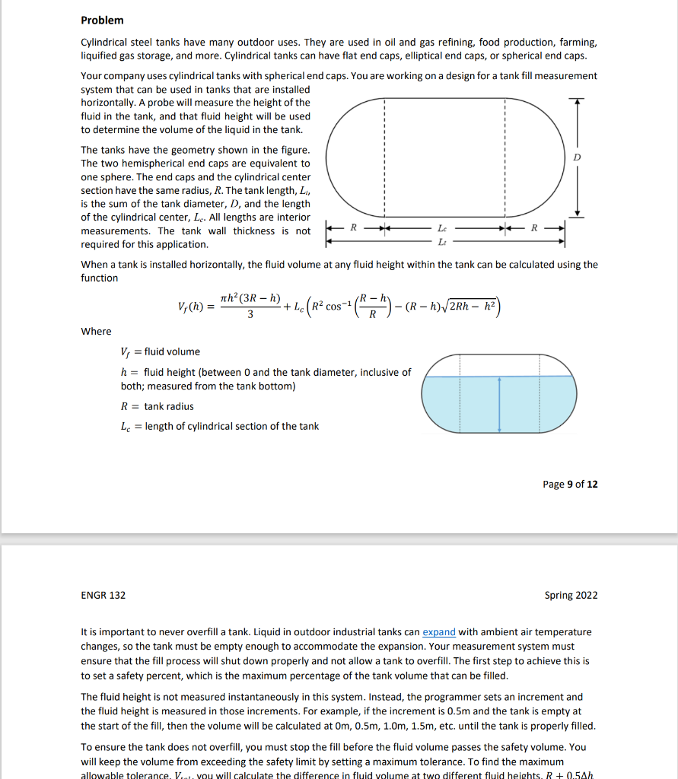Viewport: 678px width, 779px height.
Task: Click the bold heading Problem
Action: pyautogui.click(x=102, y=20)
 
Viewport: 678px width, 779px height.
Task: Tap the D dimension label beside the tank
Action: pyautogui.click(x=577, y=157)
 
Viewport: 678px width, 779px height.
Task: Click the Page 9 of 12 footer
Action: pyautogui.click(x=570, y=484)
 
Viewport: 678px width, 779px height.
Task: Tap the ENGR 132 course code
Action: pyautogui.click(x=103, y=595)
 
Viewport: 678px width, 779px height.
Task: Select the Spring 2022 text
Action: pyautogui.click(x=571, y=595)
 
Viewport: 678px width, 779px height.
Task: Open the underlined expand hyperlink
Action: pyautogui.click(x=439, y=631)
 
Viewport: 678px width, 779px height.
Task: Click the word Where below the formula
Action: pyautogui.click(x=96, y=331)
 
